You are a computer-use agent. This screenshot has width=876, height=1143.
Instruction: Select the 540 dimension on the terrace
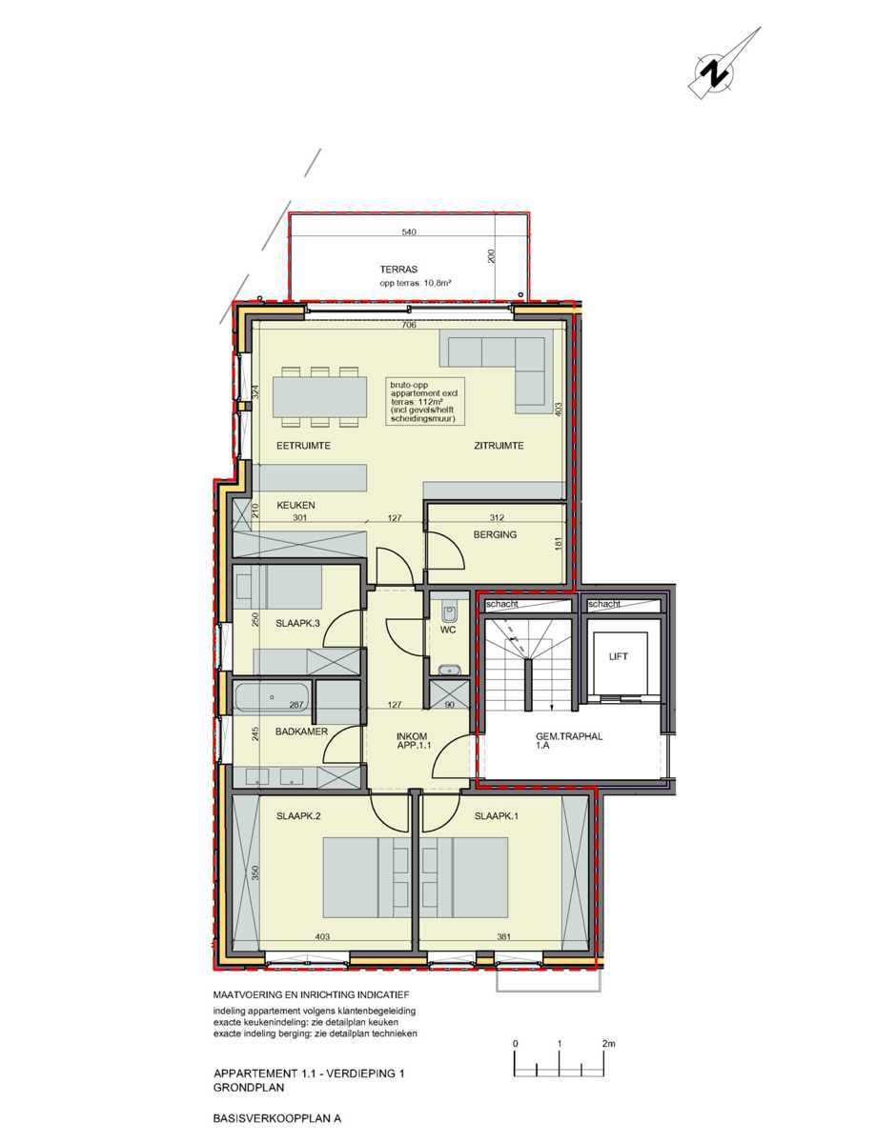click(x=409, y=232)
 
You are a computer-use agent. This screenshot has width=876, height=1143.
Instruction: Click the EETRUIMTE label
click(x=304, y=446)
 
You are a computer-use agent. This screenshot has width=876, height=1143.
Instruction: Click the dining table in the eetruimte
click(x=319, y=397)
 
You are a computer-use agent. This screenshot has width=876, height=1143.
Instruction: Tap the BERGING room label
click(x=495, y=534)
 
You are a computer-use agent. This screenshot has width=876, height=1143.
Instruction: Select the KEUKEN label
click(x=295, y=505)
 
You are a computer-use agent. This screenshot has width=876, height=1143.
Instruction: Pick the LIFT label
click(x=619, y=657)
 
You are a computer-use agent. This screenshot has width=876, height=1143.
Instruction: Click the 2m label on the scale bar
click(x=609, y=1044)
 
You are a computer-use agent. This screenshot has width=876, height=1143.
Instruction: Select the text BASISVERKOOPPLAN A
click(x=277, y=1120)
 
